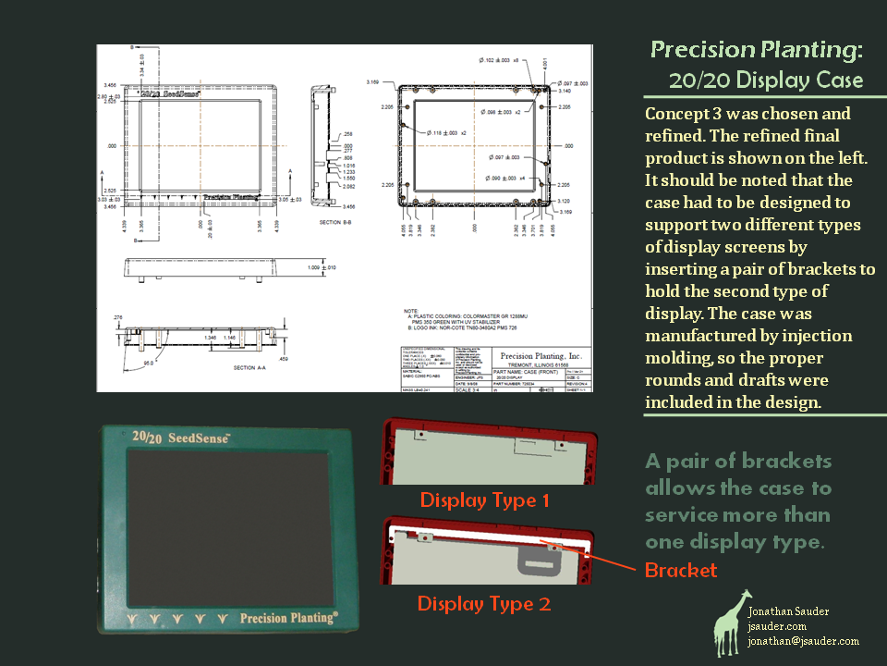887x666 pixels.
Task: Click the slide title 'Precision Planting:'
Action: pos(757,49)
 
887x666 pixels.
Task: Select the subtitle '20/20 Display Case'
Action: pos(767,80)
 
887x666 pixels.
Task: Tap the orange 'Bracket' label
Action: pos(680,570)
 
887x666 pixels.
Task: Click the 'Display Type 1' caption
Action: pos(484,500)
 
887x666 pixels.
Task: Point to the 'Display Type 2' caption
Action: pos(484,604)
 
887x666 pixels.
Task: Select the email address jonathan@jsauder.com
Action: pos(803,640)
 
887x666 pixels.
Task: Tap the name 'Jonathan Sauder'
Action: pos(788,611)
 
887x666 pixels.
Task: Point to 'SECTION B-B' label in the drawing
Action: pos(336,223)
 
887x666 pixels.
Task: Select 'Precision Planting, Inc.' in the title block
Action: pos(541,355)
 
